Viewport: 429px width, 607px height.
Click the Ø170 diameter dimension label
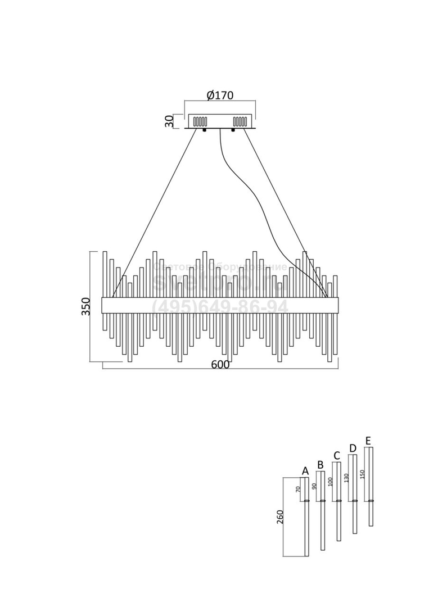tap(220, 95)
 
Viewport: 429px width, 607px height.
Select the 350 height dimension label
tap(86, 306)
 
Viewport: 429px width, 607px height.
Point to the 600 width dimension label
tap(220, 365)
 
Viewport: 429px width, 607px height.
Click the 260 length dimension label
tap(281, 517)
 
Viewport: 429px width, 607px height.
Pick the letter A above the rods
tap(305, 470)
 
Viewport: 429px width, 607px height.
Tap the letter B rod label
tap(320, 465)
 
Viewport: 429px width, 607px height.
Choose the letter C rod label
tap(336, 455)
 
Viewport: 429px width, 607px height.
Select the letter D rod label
tap(353, 448)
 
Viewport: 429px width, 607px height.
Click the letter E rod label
tap(368, 440)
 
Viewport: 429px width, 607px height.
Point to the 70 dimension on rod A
tap(298, 489)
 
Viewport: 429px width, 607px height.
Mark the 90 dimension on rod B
tap(315, 486)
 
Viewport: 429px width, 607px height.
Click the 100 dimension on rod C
tap(331, 481)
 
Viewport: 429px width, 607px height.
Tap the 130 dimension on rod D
tap(347, 477)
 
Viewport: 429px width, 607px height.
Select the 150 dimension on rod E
tap(363, 473)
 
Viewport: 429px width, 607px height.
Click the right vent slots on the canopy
tap(240, 121)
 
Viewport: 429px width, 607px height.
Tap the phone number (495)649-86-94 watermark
tap(220, 307)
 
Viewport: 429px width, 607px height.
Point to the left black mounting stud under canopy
tap(204, 131)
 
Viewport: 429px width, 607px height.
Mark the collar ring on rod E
tap(371, 500)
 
